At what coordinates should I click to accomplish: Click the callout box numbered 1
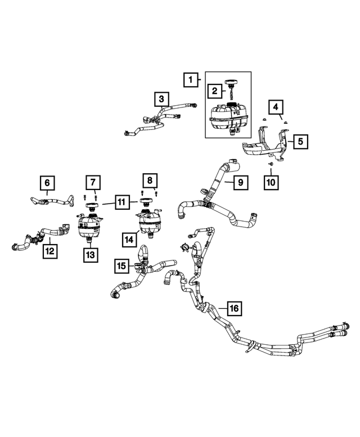tap(191, 80)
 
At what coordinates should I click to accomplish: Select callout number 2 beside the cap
tap(214, 91)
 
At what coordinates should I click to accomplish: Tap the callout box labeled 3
tap(161, 99)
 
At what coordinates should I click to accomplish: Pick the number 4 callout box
tap(276, 107)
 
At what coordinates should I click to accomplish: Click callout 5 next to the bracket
tap(300, 142)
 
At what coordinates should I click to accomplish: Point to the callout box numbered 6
tap(47, 183)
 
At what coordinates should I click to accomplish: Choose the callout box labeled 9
tap(240, 182)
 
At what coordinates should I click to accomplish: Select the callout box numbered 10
tap(271, 182)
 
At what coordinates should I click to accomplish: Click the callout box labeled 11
tap(121, 202)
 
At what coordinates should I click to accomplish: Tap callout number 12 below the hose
tap(50, 251)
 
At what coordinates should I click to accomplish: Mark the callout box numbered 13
tap(91, 255)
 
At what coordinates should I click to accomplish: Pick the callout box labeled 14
tap(129, 240)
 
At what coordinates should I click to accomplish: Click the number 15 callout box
tap(121, 265)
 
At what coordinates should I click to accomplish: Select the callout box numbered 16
tap(235, 308)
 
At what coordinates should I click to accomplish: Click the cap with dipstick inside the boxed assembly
tap(231, 89)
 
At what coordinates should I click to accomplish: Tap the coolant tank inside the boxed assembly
tap(229, 118)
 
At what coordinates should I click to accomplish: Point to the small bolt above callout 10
tap(271, 164)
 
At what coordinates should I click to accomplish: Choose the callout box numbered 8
tap(150, 181)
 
